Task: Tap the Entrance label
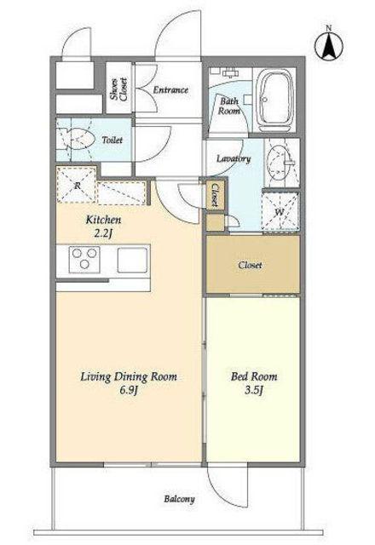(x=170, y=90)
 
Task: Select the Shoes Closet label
(x=118, y=89)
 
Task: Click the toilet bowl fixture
(x=76, y=140)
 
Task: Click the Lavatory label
(x=234, y=159)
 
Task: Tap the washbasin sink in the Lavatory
(x=280, y=163)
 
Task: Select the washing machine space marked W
(x=280, y=210)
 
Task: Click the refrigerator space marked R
(x=77, y=185)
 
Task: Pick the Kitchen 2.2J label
(x=103, y=227)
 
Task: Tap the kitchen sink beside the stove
(x=132, y=260)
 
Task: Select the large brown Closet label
(x=250, y=265)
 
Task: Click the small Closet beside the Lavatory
(x=215, y=196)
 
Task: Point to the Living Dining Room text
(x=129, y=376)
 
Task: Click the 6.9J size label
(x=129, y=391)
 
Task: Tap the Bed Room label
(x=254, y=376)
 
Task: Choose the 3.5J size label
(x=253, y=390)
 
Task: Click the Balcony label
(x=179, y=500)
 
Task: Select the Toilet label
(x=112, y=140)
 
